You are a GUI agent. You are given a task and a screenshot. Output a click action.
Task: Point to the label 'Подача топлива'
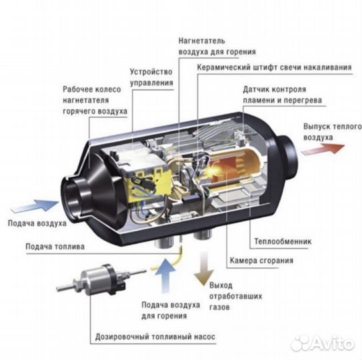(55, 246)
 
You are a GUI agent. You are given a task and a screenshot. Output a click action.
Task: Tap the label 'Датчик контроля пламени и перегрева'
(282, 95)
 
